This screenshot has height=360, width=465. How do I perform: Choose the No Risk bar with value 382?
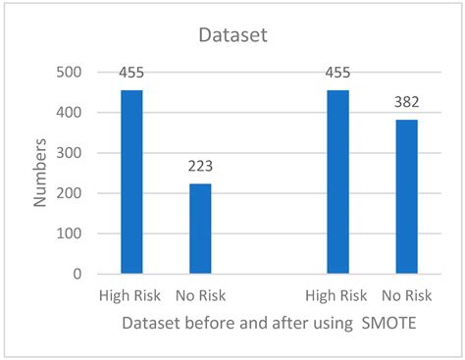[x=407, y=197]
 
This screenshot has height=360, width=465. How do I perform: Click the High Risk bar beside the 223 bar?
[x=131, y=182]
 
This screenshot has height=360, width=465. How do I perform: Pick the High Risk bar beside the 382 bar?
[x=338, y=182]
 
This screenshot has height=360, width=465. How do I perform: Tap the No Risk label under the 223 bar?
[x=200, y=296]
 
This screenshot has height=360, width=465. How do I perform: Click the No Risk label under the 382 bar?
[x=407, y=296]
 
